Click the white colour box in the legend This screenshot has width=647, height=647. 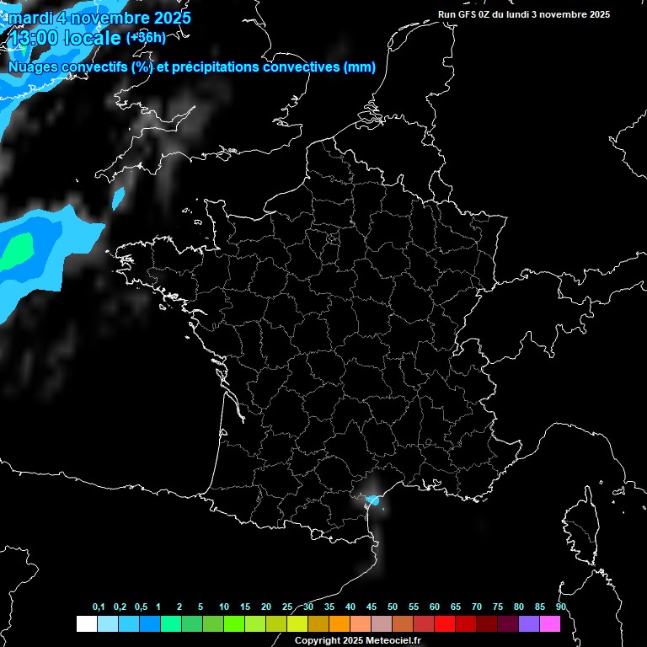point(86,623)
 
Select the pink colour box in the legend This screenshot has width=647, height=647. point(550,623)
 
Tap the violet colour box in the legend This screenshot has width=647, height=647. point(529,623)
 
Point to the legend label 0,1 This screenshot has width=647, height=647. point(99,607)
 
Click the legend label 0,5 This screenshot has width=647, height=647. point(141,607)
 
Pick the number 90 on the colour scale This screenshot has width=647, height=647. point(560,607)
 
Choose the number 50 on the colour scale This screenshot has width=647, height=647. point(393,607)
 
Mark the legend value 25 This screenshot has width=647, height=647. point(287,607)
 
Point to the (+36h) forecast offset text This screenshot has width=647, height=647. point(146,38)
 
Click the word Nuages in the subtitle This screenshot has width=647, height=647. point(33,67)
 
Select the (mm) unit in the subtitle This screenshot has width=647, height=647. point(360,67)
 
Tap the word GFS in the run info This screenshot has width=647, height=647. point(465,14)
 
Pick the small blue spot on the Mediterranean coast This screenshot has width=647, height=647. point(376,501)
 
